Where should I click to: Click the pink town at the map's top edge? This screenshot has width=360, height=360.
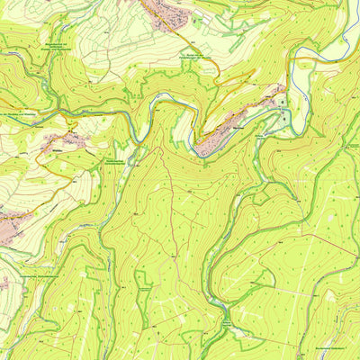coord(166,13)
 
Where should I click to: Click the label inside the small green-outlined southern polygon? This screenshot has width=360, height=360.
coord(144,290)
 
